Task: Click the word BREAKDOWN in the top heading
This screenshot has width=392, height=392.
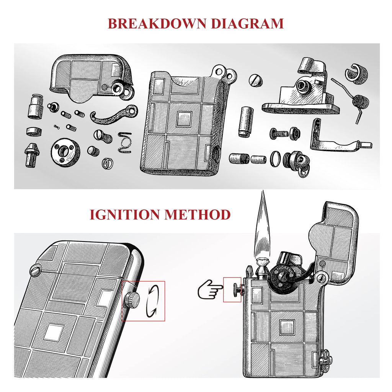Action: point(157,23)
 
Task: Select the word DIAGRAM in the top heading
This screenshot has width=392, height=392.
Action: point(247,23)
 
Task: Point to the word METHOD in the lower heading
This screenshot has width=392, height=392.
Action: point(198,214)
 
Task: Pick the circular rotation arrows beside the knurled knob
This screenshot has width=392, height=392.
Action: point(152,301)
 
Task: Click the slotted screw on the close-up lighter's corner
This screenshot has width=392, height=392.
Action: point(35,271)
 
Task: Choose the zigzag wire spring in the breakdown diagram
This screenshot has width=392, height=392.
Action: point(125,142)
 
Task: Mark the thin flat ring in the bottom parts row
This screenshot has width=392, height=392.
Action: point(275,158)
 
